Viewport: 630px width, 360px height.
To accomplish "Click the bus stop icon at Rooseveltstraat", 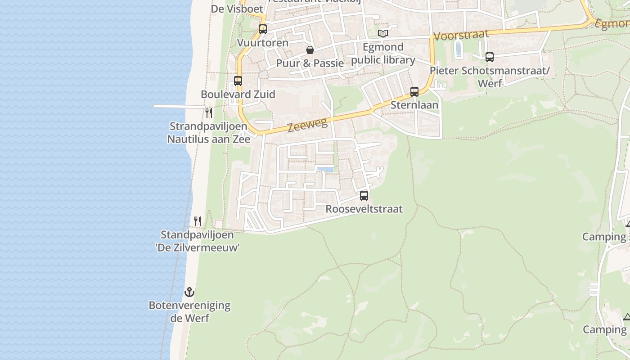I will [x=364, y=196].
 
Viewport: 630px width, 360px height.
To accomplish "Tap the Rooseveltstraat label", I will [x=364, y=209].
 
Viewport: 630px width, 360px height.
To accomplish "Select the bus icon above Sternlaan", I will [x=414, y=92].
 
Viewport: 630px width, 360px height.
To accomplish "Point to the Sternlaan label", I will [x=414, y=105].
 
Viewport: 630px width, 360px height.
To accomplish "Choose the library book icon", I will [x=383, y=33].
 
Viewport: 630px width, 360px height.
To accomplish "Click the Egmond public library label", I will [x=383, y=54].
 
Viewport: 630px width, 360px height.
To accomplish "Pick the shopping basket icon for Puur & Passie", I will [x=310, y=49].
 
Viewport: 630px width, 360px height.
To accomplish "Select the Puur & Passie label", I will [x=310, y=63].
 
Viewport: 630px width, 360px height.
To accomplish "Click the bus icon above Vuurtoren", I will [x=263, y=29].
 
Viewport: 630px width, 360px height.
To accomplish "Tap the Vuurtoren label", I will [x=263, y=43].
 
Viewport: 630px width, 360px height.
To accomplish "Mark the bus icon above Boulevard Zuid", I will [x=238, y=81].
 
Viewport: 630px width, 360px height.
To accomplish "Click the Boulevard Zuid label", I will [x=238, y=94].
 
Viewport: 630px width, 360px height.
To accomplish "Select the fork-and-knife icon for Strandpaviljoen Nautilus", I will [x=208, y=112].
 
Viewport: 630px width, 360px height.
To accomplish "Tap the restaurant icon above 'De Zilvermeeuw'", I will [x=198, y=221].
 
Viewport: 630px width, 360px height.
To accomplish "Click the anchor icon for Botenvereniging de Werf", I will [x=189, y=292].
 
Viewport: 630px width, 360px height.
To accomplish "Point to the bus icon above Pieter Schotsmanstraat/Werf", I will [x=490, y=57].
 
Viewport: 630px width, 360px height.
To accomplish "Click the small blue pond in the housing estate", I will [x=325, y=170].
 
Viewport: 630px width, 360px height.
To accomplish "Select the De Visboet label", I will [x=237, y=9].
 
